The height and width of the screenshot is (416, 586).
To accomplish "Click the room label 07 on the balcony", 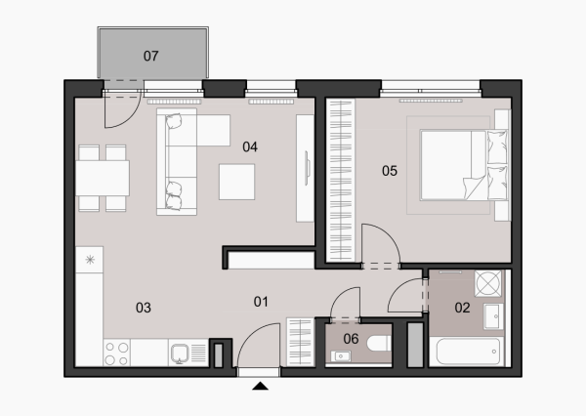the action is click(151, 56).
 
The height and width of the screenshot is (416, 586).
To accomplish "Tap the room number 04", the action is click(250, 146).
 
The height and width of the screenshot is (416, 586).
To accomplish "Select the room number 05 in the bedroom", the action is click(390, 171).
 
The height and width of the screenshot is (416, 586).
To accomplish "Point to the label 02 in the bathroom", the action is click(462, 308).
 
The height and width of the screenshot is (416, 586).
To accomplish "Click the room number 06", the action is click(351, 339).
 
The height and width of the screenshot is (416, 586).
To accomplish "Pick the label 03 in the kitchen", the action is click(144, 308).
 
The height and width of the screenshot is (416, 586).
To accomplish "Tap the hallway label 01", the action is click(261, 302).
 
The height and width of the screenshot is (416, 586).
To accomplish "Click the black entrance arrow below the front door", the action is click(260, 386).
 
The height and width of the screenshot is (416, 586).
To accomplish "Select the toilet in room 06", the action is click(379, 344).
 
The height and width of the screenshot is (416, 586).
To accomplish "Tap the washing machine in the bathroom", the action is click(488, 284).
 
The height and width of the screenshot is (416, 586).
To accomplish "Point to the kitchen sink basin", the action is click(180, 354).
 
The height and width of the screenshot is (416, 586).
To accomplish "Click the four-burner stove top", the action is click(116, 353).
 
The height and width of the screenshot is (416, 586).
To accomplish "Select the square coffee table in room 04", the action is click(237, 182).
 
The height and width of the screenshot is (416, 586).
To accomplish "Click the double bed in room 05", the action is click(464, 165).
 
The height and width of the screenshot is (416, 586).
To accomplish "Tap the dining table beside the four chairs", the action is click(103, 178).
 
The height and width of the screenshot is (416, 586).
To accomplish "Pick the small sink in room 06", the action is click(341, 356).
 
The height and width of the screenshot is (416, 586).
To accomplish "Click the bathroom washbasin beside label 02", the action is click(493, 316).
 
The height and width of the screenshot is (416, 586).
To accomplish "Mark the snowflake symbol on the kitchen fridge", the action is click(90, 260).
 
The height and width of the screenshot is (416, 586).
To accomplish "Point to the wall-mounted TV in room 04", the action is click(308, 168).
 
